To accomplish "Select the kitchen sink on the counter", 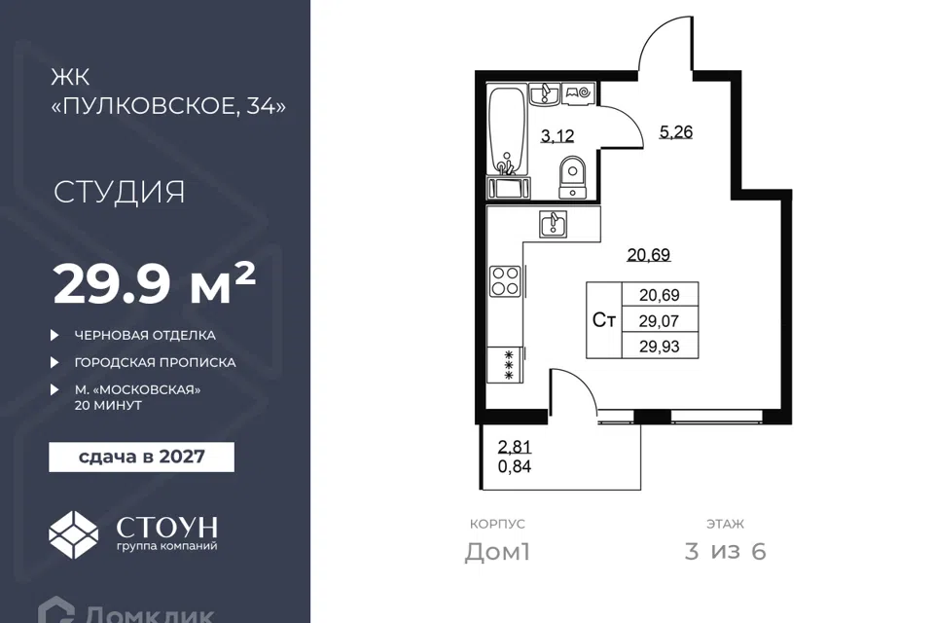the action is (554, 224).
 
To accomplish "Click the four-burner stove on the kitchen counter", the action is (505, 281).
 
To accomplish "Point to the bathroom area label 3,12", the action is (557, 136).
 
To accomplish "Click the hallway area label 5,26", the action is (676, 131).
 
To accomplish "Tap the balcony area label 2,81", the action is (515, 447).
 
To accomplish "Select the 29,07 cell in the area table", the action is (660, 320).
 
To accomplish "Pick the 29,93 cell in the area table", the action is (660, 347).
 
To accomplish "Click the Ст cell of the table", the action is (604, 320).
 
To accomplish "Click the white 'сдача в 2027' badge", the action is (142, 458).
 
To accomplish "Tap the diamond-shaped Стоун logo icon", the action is (73, 534).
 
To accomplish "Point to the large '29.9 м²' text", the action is (155, 283).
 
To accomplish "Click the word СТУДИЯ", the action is (120, 192).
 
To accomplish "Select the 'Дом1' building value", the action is (497, 552).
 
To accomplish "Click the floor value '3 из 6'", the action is (726, 552).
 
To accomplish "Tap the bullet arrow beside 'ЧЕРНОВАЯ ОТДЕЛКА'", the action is (54, 335).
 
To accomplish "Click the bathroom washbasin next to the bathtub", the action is (545, 94).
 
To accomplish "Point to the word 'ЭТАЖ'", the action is (726, 524).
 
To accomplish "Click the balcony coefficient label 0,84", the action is (515, 466).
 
